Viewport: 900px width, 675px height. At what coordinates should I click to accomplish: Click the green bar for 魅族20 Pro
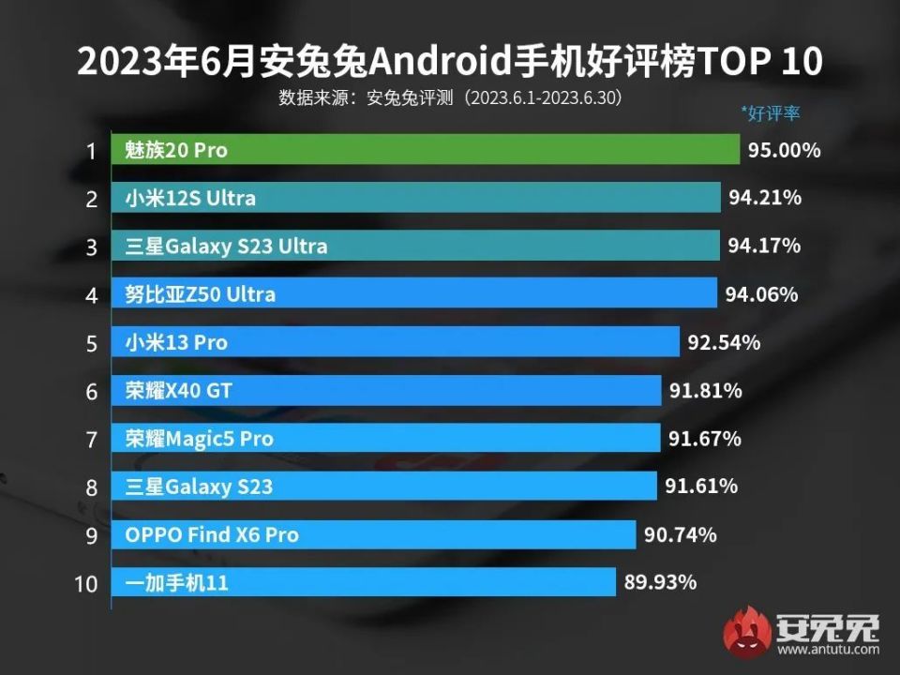[x=426, y=150]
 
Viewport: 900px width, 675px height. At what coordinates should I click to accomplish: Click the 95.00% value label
[x=785, y=150]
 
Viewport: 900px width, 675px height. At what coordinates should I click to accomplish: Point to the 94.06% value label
[x=761, y=294]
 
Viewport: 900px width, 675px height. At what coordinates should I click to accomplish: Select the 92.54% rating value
[x=723, y=343]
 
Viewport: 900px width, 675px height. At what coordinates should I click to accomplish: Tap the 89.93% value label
[x=660, y=583]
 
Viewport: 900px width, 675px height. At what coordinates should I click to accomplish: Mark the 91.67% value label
[x=704, y=439]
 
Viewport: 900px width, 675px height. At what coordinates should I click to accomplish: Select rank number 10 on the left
[x=85, y=584]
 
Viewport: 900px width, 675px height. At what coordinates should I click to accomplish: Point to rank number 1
[x=91, y=151]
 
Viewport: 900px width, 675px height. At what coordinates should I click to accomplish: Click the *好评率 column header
[x=771, y=113]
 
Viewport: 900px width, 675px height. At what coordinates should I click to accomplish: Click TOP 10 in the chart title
[x=750, y=62]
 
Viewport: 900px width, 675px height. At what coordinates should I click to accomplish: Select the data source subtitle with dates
[x=450, y=97]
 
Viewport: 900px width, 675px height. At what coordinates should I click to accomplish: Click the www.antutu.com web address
[x=827, y=649]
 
